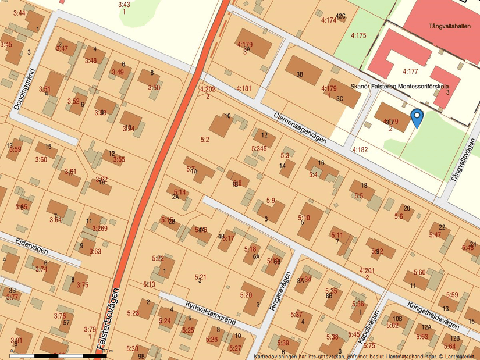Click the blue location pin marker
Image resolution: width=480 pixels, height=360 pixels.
coord(417,117)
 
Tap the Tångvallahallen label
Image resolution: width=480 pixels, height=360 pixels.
coord(449,26)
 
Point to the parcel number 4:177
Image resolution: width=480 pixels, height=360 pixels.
coord(410,72)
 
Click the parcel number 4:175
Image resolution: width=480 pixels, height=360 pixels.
coord(358,35)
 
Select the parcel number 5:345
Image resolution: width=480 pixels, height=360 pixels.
coord(259,149)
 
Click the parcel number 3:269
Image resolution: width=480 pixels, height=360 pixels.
coord(99,229)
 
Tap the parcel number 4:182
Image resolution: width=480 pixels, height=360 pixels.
coord(360,149)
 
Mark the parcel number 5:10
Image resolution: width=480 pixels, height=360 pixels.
coord(304,218)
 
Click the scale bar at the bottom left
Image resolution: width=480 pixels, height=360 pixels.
coord(55,354)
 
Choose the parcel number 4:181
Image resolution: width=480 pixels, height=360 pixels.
coord(244,88)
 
